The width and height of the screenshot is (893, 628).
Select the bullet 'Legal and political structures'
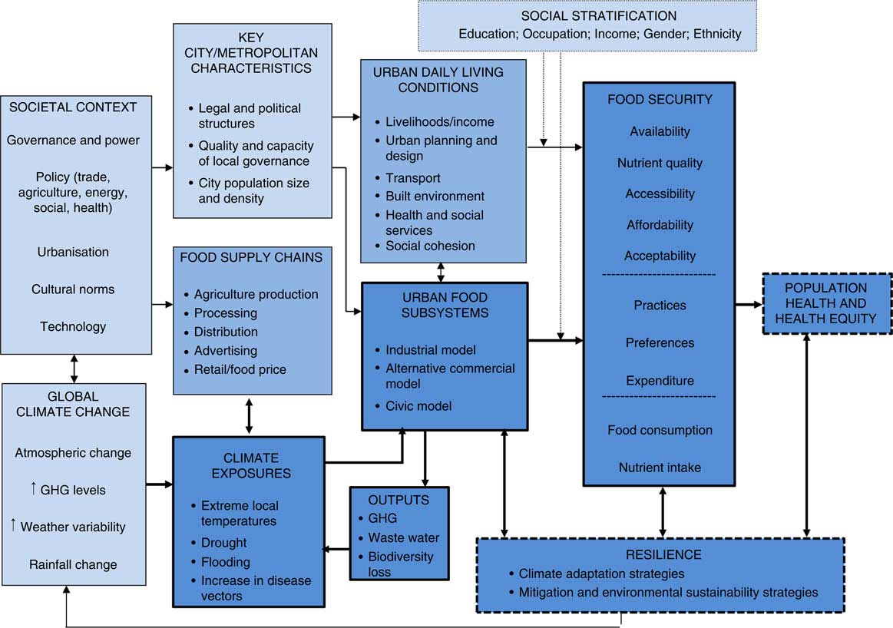249,115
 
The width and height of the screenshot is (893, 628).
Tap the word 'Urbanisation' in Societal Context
74,252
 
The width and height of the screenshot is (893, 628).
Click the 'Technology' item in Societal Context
74,326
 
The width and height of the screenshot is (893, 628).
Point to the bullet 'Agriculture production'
256,294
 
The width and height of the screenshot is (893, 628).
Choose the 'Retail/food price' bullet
240,369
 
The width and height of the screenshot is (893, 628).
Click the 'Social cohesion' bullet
430,246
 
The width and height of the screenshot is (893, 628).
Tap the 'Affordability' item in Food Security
660,225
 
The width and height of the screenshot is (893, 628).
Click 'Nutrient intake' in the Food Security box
660,467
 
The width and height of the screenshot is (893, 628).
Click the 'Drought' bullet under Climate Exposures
223,543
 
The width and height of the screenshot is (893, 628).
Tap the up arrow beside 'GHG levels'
34,489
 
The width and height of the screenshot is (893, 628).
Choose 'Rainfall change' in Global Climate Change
74,564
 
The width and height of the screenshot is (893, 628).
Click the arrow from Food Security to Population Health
749,305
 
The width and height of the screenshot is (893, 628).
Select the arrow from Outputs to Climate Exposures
336,549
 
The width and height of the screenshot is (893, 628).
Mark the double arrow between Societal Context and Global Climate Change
74,369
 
